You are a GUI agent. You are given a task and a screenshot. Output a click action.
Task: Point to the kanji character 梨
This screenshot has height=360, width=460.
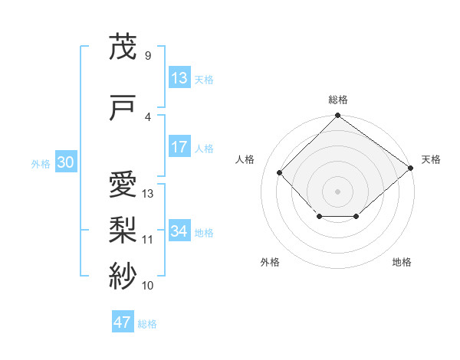123,229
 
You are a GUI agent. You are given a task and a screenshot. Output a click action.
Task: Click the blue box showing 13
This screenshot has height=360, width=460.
179,78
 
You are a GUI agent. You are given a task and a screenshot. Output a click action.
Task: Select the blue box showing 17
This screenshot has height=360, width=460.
179,147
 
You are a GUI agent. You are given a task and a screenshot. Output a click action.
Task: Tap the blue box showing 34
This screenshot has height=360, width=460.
179,231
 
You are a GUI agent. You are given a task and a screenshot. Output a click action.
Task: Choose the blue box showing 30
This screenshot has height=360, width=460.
65,162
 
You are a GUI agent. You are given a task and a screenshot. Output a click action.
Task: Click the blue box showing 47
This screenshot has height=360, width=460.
123,322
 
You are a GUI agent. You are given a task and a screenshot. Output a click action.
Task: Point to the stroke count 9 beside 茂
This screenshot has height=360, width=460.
148,56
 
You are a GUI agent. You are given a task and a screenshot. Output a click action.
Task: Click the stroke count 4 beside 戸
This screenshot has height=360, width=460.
148,117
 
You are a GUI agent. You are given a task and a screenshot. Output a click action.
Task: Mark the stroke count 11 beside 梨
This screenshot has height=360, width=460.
148,240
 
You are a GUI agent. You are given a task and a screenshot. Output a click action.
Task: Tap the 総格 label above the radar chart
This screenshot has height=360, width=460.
337,100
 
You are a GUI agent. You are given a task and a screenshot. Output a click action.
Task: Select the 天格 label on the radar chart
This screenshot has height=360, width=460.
431,159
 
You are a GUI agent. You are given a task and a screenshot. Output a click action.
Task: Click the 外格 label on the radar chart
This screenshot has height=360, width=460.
270,262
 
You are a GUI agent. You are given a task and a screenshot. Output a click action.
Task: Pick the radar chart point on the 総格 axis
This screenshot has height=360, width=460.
337,116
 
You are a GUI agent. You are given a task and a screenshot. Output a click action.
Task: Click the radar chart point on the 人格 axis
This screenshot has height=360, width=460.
280,172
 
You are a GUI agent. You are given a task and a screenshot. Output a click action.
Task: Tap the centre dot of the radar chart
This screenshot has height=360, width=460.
337,191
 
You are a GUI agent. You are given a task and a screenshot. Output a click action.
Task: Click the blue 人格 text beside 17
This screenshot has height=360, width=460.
204,148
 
